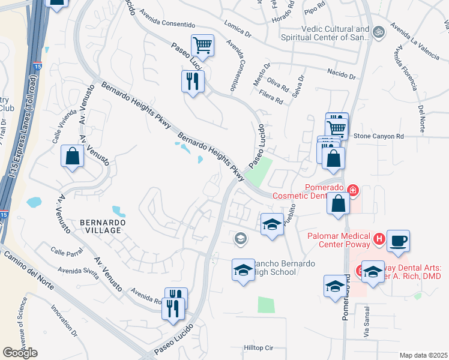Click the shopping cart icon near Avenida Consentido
point(203,45)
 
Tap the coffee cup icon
point(398,241)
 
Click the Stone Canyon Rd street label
point(378,136)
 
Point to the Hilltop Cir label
point(258,347)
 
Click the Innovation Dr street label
point(64,318)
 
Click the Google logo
point(20,353)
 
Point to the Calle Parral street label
point(66,252)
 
